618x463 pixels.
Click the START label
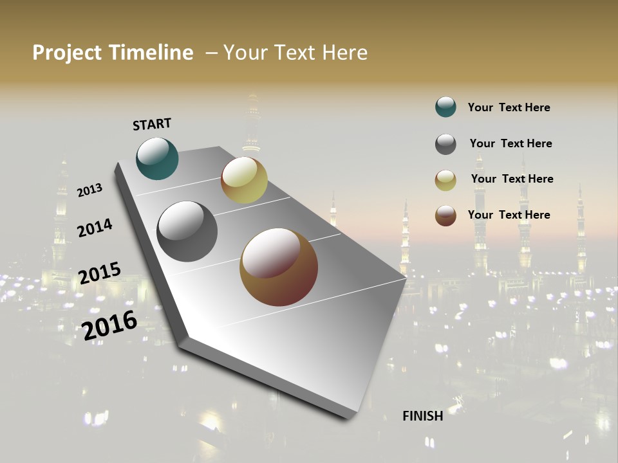[x=152, y=124]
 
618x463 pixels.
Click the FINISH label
[x=423, y=416]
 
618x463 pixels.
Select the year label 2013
[x=89, y=190]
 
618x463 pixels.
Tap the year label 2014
[x=95, y=228]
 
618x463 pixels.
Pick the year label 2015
[x=100, y=273]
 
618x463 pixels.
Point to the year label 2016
[x=110, y=325]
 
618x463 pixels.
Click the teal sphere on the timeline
[x=157, y=158]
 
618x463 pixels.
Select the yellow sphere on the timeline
[x=244, y=181]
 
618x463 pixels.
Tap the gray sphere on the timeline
[x=187, y=232]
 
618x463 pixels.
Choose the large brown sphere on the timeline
[x=279, y=267]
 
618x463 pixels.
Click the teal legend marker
[x=445, y=107]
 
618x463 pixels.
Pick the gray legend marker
[x=445, y=144]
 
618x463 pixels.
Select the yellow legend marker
[x=445, y=180]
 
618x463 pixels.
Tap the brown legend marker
[x=445, y=215]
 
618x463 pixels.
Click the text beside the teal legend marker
[x=509, y=107]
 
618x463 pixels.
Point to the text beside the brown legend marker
[x=509, y=215]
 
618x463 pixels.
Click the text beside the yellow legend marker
[x=512, y=179]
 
